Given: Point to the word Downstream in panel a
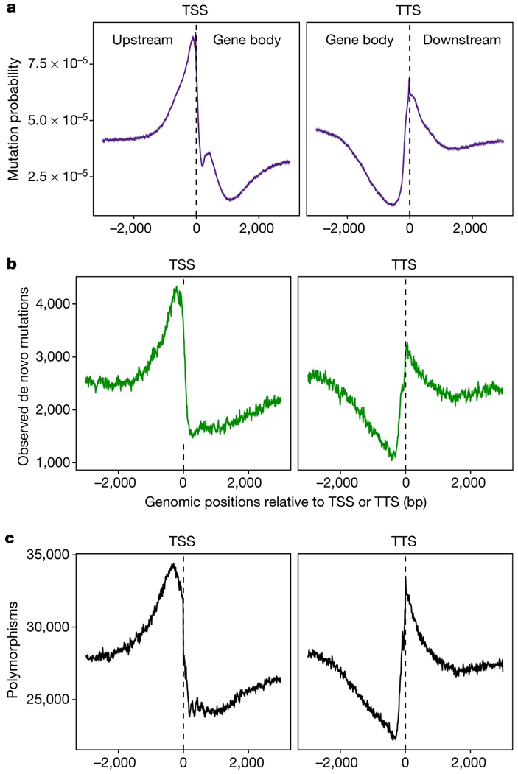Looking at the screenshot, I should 461,40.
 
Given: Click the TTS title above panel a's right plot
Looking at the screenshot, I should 409,12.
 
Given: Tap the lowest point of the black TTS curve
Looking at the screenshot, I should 395,739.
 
